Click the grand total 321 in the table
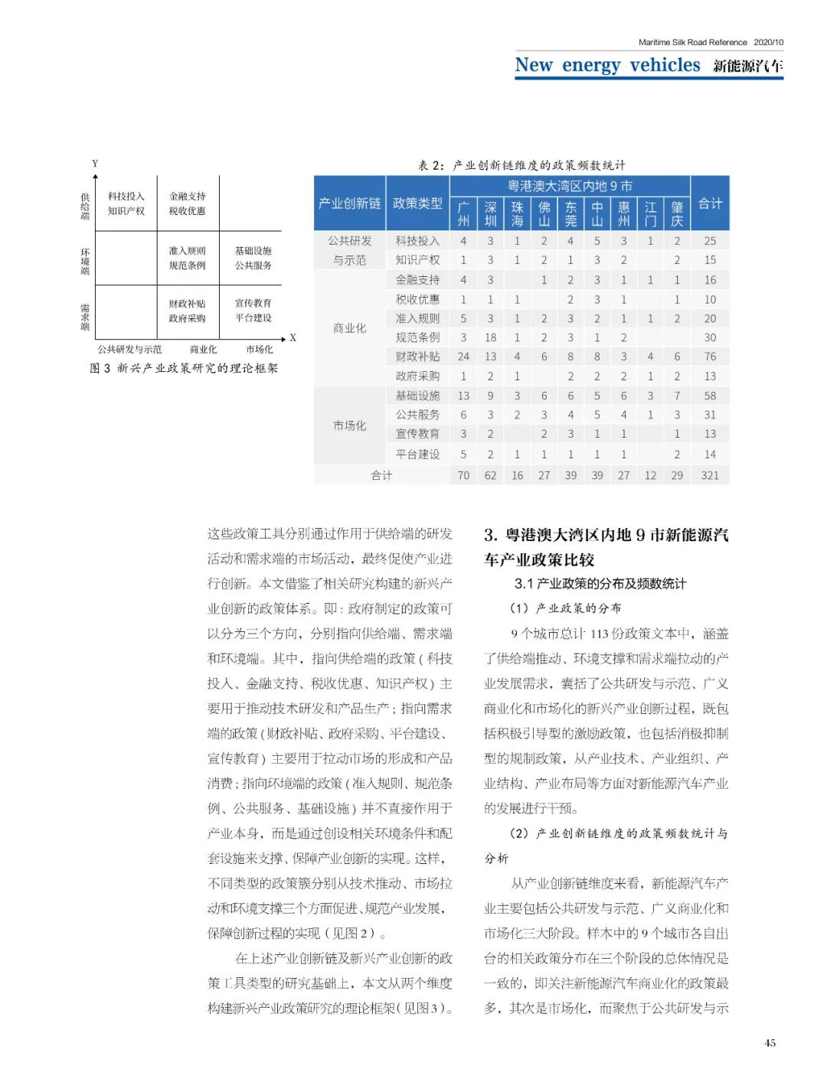pyautogui.click(x=710, y=475)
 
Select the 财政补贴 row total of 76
pyautogui.click(x=710, y=357)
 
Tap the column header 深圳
pyautogui.click(x=490, y=213)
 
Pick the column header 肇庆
pyautogui.click(x=677, y=213)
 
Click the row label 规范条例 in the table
pyautogui.click(x=417, y=337)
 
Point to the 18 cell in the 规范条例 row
pyautogui.click(x=490, y=337)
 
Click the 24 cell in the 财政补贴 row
pyautogui.click(x=463, y=357)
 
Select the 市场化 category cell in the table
pyautogui.click(x=349, y=425)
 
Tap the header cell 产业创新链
pyautogui.click(x=349, y=204)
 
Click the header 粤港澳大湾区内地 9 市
pyautogui.click(x=570, y=186)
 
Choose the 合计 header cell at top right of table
pyautogui.click(x=710, y=204)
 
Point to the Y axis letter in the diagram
pyautogui.click(x=95, y=164)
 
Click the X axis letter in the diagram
pyautogui.click(x=293, y=337)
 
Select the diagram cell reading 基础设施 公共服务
pyautogui.click(x=253, y=258)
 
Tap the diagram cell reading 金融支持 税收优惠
pyautogui.click(x=188, y=204)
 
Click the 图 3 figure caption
pyautogui.click(x=184, y=368)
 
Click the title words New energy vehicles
pyautogui.click(x=607, y=66)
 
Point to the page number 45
pyautogui.click(x=770, y=1042)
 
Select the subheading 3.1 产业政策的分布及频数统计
pyautogui.click(x=600, y=584)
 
